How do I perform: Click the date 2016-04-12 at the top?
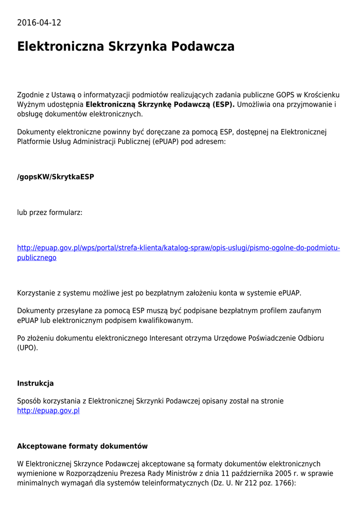pos(39,23)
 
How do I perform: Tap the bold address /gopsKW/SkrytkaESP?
pos(56,177)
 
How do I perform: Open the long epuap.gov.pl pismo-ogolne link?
pos(178,248)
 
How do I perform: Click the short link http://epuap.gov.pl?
pos(48,411)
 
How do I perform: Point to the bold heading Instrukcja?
pos(35,383)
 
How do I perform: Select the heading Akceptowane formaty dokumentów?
pos(82,446)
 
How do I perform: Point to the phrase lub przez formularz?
pos(50,212)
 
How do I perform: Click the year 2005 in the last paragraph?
pos(281,473)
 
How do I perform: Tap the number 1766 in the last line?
pos(284,483)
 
